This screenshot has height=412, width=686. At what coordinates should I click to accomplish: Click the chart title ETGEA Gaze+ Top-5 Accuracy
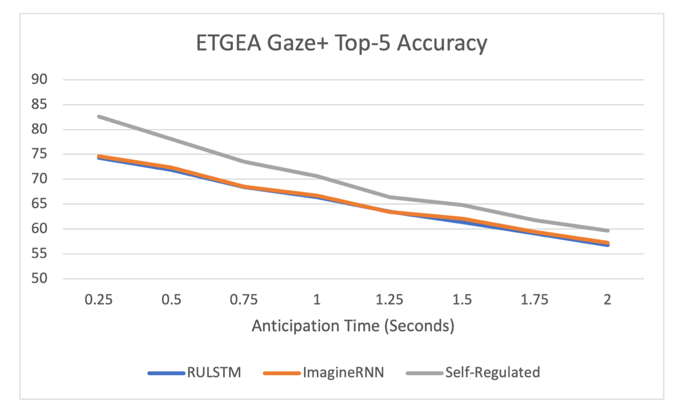341,43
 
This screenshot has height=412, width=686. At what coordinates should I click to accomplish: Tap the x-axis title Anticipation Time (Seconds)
353,326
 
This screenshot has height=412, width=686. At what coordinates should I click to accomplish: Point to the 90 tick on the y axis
39,79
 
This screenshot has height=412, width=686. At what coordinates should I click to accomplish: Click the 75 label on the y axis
39,154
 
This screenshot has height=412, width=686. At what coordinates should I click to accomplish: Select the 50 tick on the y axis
39,278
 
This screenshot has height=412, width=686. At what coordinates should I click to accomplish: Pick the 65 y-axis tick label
39,204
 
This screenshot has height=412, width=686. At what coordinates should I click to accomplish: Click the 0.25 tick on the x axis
99,299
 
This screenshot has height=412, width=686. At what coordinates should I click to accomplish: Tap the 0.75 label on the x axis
244,299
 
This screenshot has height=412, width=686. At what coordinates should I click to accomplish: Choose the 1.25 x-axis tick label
389,299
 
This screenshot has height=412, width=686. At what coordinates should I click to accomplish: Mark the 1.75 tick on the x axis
534,299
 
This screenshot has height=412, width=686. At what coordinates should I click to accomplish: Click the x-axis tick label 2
607,299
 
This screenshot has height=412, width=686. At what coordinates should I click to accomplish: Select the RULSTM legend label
214,373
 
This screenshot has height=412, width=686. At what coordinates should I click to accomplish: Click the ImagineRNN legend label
343,373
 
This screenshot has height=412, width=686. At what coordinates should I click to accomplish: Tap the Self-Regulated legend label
493,373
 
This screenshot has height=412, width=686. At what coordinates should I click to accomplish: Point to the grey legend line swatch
424,373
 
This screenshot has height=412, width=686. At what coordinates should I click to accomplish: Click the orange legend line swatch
282,373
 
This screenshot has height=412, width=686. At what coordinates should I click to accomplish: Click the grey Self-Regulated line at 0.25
99,117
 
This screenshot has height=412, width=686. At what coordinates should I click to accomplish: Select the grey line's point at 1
317,176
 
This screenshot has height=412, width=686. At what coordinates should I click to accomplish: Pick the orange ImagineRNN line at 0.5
171,168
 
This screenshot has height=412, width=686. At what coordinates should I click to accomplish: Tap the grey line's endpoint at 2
607,230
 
